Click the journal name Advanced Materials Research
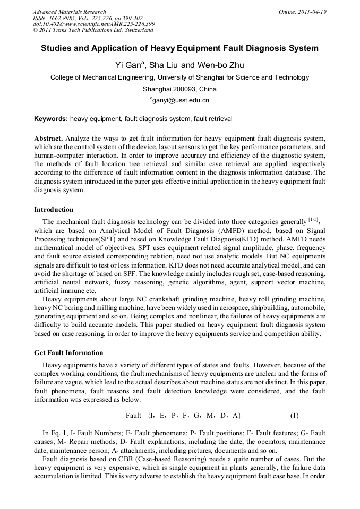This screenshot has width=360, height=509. coord(69,12)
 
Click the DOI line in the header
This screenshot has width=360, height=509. coord(93,24)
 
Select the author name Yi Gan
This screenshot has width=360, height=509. coord(130,65)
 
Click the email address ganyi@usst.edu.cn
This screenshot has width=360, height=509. coord(181,100)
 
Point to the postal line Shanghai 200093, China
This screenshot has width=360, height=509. coord(179,89)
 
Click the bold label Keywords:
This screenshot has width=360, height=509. coord(51,119)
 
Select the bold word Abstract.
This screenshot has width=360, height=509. coord(48,137)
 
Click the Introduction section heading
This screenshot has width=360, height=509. coord(54,210)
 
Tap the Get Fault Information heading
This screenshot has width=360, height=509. coord(68,353)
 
